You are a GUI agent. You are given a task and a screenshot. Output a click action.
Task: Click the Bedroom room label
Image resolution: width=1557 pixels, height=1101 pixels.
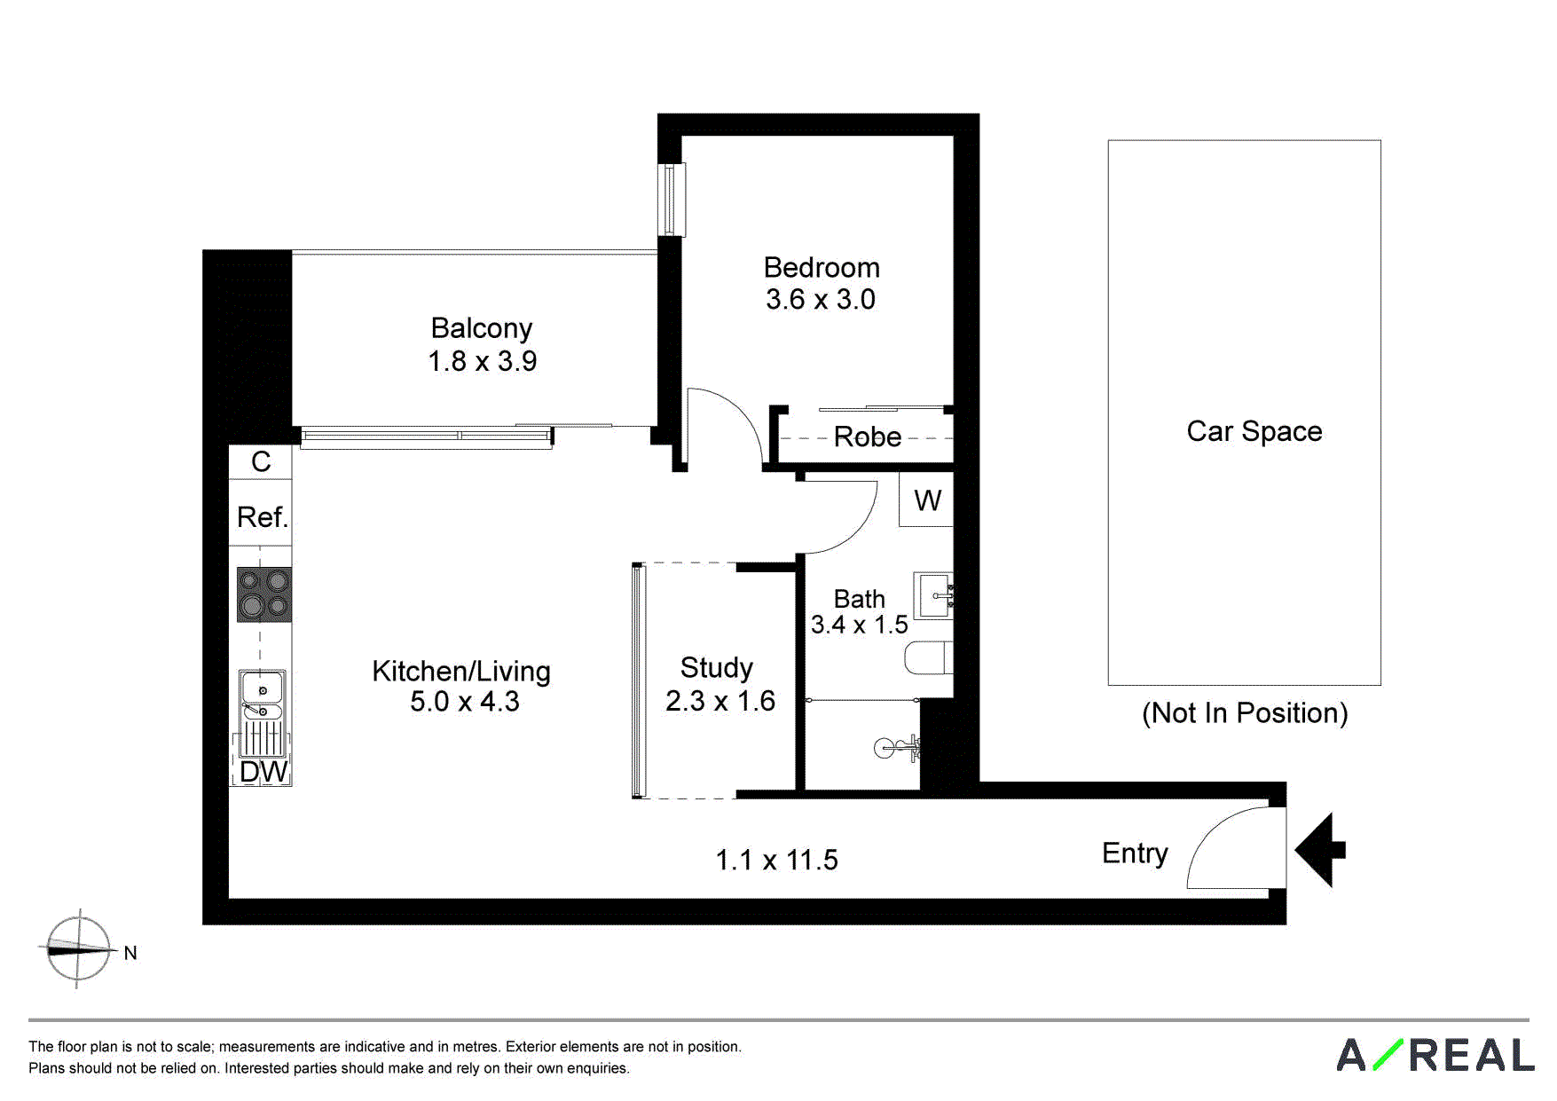pyautogui.click(x=822, y=267)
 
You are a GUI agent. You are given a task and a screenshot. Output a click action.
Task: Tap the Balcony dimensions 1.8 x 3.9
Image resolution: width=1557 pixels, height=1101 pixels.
pyautogui.click(x=483, y=361)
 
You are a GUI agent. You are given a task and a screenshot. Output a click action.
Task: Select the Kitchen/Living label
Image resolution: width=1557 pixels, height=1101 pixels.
pyautogui.click(x=461, y=671)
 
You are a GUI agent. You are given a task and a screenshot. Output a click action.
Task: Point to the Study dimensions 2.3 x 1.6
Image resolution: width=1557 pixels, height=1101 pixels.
pyautogui.click(x=720, y=701)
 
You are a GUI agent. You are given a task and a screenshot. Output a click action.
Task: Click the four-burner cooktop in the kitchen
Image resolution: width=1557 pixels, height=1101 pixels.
pyautogui.click(x=264, y=594)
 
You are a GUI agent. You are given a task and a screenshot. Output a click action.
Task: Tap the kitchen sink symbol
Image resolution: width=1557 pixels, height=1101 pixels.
pyautogui.click(x=262, y=695)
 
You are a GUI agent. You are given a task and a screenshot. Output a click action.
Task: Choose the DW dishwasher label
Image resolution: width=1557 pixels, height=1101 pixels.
pyautogui.click(x=263, y=771)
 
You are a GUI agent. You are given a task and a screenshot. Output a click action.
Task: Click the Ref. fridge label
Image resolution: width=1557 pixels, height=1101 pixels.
pyautogui.click(x=263, y=516)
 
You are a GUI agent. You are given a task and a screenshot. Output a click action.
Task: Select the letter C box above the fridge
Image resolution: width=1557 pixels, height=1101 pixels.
pyautogui.click(x=261, y=461)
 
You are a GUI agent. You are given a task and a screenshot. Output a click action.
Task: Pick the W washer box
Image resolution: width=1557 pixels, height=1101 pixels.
pyautogui.click(x=926, y=499)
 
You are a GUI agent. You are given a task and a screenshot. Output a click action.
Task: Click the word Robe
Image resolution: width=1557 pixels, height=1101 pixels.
pyautogui.click(x=868, y=436)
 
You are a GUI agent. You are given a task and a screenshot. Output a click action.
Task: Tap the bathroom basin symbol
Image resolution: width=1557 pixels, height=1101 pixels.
pyautogui.click(x=934, y=595)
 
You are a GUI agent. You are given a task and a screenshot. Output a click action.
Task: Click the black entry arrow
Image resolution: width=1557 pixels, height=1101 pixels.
pyautogui.click(x=1320, y=850)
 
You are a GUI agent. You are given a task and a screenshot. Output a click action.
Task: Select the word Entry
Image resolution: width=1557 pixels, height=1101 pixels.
pyautogui.click(x=1135, y=853)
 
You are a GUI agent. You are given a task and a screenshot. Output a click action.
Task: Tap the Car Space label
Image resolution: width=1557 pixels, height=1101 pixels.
pyautogui.click(x=1254, y=431)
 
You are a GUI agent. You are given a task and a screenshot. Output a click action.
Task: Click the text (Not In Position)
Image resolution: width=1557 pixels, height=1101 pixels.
pyautogui.click(x=1245, y=712)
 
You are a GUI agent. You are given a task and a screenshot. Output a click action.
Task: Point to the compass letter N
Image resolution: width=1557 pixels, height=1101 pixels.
pyautogui.click(x=130, y=953)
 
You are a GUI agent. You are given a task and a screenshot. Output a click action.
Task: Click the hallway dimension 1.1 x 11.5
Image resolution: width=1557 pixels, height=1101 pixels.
pyautogui.click(x=776, y=860)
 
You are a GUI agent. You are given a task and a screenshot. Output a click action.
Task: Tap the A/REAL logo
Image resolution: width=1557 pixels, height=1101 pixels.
pyautogui.click(x=1435, y=1055)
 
